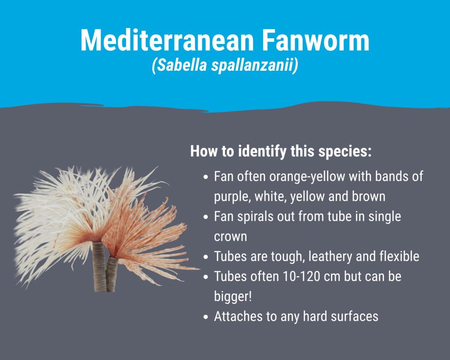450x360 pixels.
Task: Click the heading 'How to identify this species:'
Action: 281,151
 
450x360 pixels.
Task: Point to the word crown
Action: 230,237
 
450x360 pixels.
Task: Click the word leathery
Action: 330,257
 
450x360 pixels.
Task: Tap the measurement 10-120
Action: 301,276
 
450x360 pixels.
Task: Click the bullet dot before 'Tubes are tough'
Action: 206,257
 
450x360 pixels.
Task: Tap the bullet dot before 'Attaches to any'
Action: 206,317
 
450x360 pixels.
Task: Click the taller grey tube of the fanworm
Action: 99,267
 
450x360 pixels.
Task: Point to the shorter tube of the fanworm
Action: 112,274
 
